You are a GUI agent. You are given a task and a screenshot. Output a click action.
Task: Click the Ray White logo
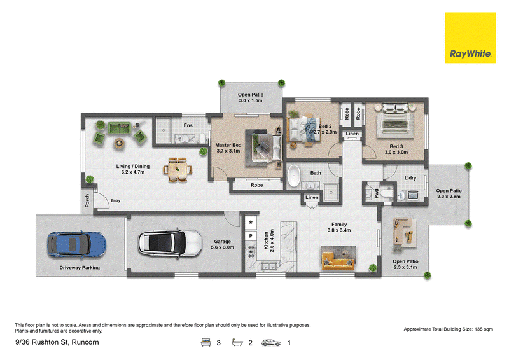click(470, 38)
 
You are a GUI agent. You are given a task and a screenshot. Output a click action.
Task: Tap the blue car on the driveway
click(77, 244)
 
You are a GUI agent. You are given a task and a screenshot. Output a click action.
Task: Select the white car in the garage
click(170, 243)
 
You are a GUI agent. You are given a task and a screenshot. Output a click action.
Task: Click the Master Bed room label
click(228, 145)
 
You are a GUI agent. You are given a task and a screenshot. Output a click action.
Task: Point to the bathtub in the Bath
click(294, 176)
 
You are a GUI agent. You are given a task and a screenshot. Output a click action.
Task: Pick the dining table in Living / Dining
click(178, 169)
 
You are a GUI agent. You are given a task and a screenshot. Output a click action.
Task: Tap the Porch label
click(87, 200)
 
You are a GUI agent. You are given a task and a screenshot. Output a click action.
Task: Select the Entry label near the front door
click(116, 200)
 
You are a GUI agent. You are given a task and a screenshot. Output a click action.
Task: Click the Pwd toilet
click(386, 193)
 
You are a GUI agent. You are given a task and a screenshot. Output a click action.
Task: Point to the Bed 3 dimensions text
click(396, 152)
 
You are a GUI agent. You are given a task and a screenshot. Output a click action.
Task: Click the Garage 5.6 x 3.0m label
click(222, 244)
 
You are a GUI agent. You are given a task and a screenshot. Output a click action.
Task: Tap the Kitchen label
click(266, 240)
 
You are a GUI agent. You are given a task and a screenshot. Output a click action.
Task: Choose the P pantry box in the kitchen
click(251, 236)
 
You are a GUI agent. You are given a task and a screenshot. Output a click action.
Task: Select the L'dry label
click(410, 178)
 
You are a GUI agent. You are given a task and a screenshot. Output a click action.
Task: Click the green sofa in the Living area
click(119, 128)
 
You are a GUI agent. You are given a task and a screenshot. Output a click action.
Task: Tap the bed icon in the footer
click(206, 342)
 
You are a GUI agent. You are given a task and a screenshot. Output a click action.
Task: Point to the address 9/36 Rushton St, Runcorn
click(57, 342)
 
